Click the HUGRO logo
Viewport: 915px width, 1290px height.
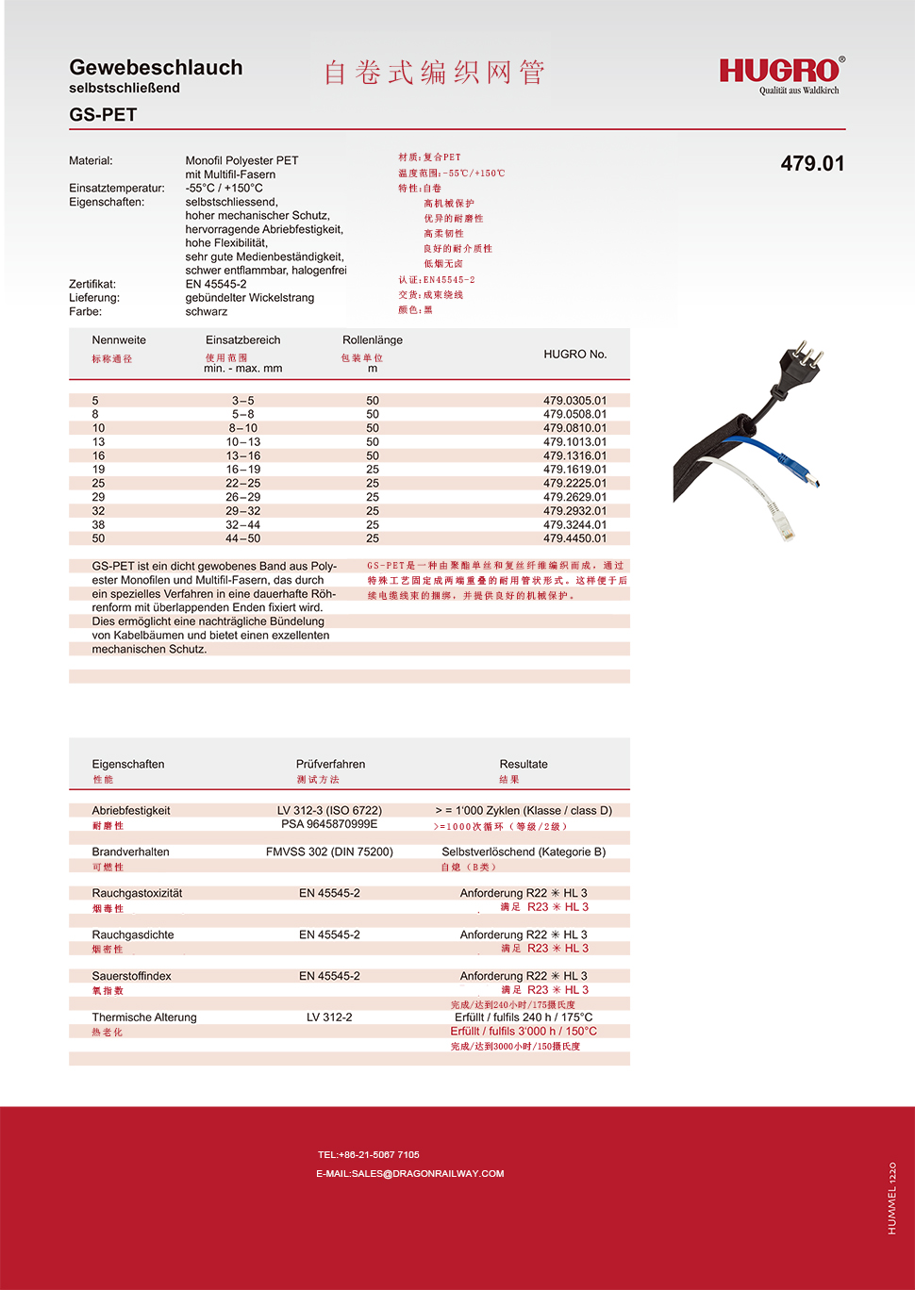point(780,72)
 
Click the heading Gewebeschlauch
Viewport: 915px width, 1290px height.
point(156,68)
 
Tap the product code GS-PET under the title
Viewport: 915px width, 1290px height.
point(103,114)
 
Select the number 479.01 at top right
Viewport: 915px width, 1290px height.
point(812,163)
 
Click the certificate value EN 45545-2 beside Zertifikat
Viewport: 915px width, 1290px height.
point(216,284)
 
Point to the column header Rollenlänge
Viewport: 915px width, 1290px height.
point(372,340)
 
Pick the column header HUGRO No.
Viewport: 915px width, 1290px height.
point(574,355)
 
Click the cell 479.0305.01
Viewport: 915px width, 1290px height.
point(574,401)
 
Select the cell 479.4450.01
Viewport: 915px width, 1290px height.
point(574,538)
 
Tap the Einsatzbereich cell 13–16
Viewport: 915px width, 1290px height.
point(242,455)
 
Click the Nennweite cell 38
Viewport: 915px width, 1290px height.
point(98,525)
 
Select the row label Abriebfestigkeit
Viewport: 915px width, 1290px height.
point(131,811)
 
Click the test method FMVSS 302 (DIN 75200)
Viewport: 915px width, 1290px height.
point(329,852)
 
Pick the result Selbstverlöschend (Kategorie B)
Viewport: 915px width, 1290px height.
point(524,852)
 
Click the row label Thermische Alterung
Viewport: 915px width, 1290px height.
point(144,1017)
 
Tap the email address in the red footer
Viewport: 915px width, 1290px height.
point(409,1174)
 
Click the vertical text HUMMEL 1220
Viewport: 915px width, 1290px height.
point(891,1198)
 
